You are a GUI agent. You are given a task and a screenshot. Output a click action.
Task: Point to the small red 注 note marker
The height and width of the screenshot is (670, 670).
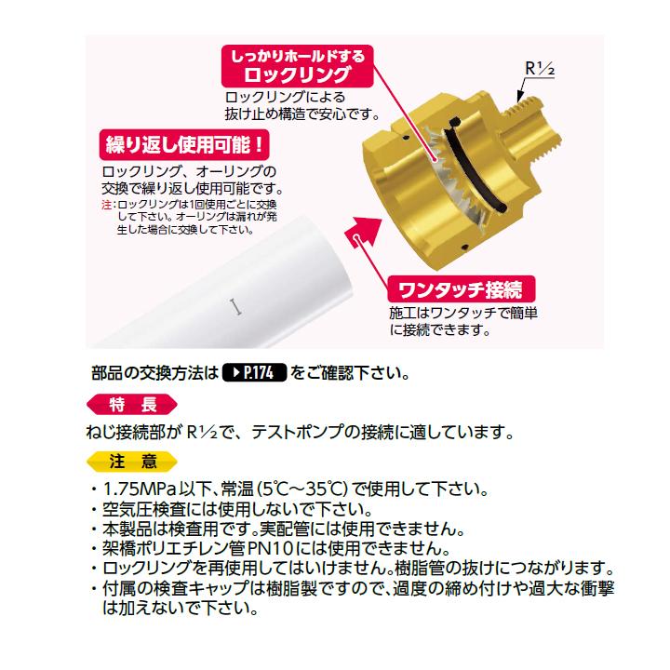coord(105,203)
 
